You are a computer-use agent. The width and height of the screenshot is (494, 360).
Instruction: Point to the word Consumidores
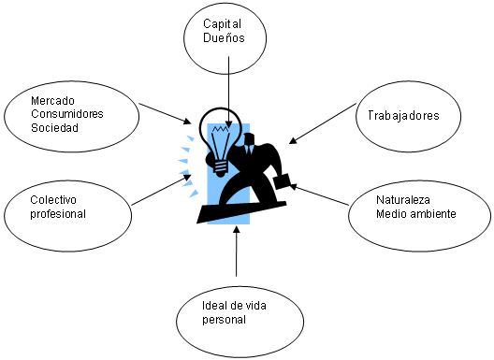point(66,113)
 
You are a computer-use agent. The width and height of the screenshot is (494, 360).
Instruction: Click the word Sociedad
point(53,127)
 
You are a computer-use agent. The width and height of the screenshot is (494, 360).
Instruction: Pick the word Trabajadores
point(410,116)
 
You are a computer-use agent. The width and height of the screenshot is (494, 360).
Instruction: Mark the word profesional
point(58,213)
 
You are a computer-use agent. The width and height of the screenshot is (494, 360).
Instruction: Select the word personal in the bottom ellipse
point(223,321)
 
